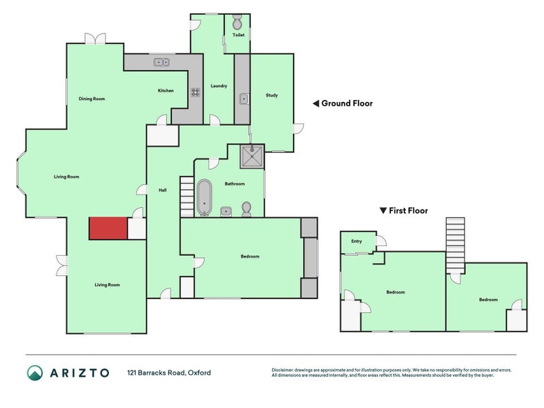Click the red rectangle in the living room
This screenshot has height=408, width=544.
coord(108,228)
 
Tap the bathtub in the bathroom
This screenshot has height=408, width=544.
coord(204,198)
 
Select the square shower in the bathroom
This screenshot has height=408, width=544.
coord(254,158)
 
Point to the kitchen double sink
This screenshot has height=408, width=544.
coord(162,63)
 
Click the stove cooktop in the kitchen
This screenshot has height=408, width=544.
coord(194,92)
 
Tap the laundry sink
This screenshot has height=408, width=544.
coord(243,99)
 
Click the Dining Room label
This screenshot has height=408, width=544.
coord(92,99)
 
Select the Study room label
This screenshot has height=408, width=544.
coord(271,95)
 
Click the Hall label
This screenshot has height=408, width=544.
coord(163,190)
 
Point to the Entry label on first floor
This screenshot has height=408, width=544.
coord(356,241)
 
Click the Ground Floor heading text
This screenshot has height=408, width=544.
coord(346,103)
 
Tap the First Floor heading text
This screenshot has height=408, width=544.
coord(408,211)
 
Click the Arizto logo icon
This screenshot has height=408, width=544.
coord(35,373)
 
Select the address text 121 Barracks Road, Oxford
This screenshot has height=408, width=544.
coord(169,373)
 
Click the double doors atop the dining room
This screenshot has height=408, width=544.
coord(95,39)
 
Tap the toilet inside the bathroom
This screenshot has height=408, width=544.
coord(246,209)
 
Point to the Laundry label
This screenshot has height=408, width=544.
coord(219,86)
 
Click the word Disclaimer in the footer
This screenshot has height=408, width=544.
coord(284,370)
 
